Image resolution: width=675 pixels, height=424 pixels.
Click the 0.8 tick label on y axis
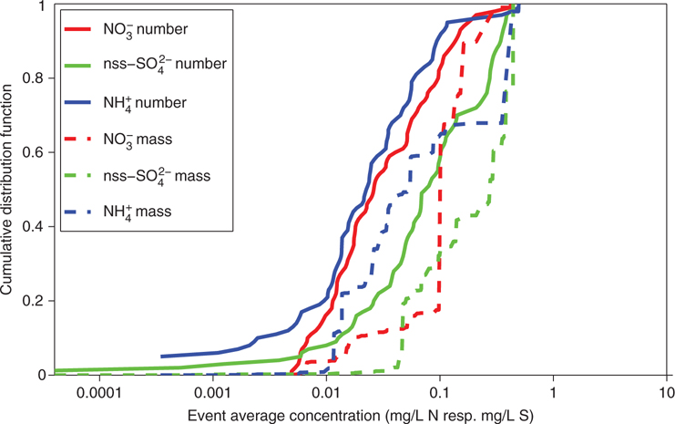[33, 78]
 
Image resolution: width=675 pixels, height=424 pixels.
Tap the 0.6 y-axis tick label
[33, 152]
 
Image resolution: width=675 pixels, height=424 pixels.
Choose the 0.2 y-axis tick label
[33, 301]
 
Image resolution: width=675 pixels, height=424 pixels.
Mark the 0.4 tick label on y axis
[33, 227]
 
